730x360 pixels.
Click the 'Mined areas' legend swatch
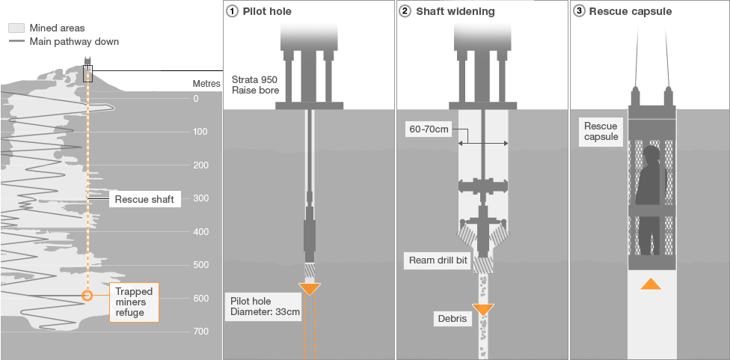[16, 28]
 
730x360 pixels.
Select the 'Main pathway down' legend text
[74, 42]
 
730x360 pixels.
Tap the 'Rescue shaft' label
[144, 200]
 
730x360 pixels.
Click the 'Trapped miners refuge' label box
[135, 302]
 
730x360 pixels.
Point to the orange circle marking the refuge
[88, 296]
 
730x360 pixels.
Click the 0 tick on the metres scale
[196, 98]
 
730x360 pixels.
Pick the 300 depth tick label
[200, 198]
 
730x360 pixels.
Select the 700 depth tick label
[200, 332]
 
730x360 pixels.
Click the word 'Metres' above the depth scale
[206, 84]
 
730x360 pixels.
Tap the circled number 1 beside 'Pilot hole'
[232, 12]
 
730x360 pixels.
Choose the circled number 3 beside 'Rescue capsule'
[579, 12]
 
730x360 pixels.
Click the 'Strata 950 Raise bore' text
[255, 85]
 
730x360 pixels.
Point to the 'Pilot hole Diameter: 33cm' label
[263, 307]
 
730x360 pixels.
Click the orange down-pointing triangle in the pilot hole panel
[310, 289]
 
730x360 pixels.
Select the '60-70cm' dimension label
[429, 129]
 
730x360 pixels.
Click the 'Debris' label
[452, 319]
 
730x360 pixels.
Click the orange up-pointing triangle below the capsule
[651, 284]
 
